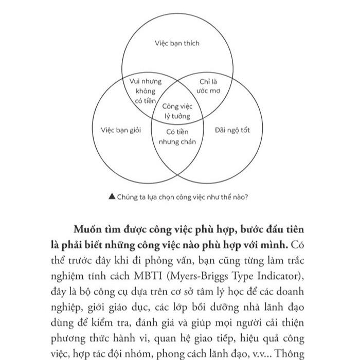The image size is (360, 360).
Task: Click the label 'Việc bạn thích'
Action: pyautogui.click(x=177, y=43)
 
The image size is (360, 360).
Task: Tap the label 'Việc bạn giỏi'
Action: pyautogui.click(x=121, y=130)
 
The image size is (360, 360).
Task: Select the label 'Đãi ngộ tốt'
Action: pyautogui.click(x=232, y=130)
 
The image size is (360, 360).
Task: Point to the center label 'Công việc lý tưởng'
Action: pyautogui.click(x=177, y=111)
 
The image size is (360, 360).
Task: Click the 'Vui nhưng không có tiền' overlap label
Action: pyautogui.click(x=145, y=91)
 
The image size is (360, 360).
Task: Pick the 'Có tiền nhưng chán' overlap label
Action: pyautogui.click(x=177, y=137)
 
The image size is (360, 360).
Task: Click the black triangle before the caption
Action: pyautogui.click(x=112, y=196)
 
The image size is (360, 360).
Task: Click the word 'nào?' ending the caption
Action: pyautogui.click(x=241, y=196)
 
